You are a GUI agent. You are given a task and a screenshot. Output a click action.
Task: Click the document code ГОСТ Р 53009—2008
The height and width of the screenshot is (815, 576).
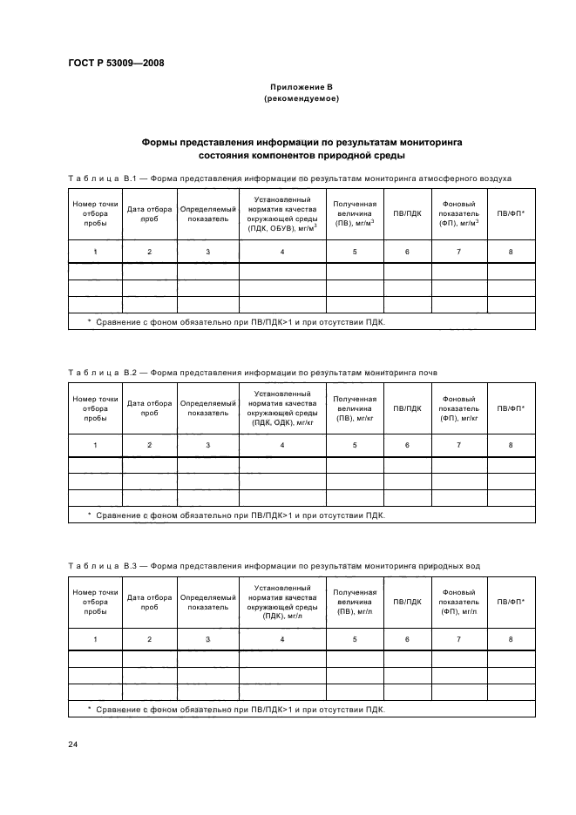point(115,63)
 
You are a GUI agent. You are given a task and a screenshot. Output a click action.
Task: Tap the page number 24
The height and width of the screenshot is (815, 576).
point(73,743)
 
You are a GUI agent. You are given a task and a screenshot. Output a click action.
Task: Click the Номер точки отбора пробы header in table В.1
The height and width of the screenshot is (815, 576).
point(95,213)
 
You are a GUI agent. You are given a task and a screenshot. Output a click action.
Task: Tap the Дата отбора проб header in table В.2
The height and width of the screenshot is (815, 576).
point(149,407)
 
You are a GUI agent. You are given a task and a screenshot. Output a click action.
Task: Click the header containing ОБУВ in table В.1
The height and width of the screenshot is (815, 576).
point(281,213)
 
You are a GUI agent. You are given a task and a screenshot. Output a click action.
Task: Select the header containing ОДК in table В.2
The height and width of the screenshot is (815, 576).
point(281,407)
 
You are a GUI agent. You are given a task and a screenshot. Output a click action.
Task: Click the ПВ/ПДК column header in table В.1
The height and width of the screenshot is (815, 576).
point(407,213)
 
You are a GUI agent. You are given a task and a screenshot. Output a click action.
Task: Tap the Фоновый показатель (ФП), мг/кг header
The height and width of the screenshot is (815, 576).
point(458,407)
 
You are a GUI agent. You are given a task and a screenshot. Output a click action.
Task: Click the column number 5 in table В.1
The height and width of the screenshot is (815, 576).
point(355,252)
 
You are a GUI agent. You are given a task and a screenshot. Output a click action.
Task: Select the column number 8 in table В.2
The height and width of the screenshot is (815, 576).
point(511,446)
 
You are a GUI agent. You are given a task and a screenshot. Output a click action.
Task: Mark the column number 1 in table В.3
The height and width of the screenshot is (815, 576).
point(95,640)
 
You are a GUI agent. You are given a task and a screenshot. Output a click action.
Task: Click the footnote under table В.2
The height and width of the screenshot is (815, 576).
point(235,515)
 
